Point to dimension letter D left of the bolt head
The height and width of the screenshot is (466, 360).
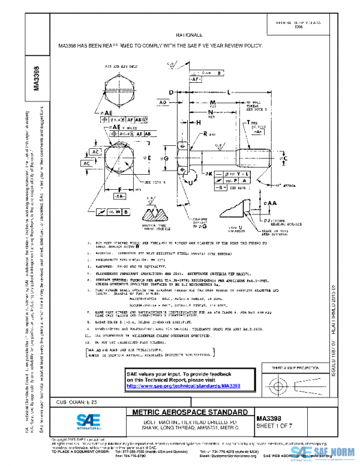[171, 92]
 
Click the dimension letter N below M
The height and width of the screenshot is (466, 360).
[211, 112]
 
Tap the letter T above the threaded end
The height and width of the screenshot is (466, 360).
[247, 123]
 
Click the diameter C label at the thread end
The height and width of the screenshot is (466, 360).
[286, 158]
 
